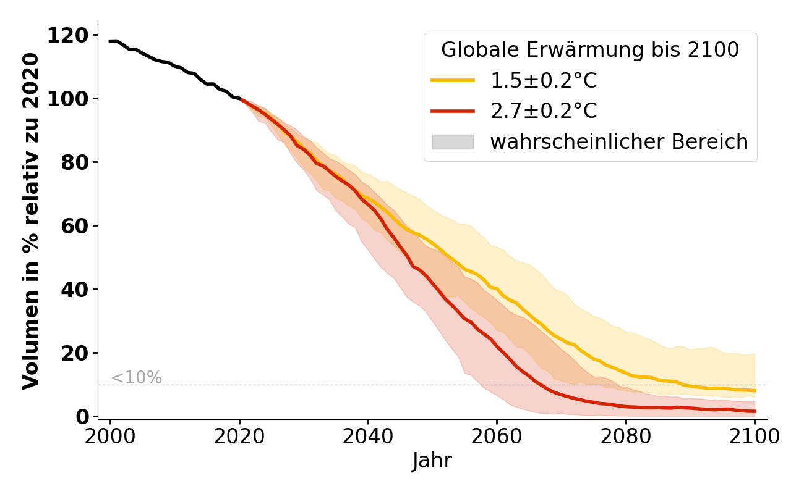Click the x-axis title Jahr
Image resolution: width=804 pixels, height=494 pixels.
432,461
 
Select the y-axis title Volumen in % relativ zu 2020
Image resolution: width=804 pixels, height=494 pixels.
31,221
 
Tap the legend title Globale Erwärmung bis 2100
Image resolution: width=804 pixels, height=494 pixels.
590,50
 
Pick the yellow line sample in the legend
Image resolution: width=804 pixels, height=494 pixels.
453,80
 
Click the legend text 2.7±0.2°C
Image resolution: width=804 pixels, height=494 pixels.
544,111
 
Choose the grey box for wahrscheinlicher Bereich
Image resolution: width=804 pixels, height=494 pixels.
453,142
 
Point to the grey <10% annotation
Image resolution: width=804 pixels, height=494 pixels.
136,378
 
